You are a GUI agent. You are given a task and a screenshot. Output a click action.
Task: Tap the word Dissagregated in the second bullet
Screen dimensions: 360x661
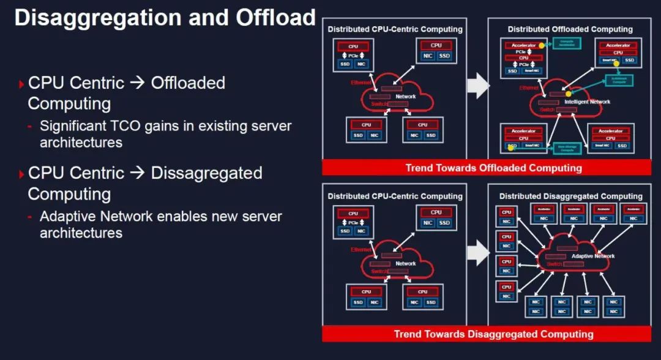tap(206, 173)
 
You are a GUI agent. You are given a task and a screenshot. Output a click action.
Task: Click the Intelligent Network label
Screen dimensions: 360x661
tap(587, 102)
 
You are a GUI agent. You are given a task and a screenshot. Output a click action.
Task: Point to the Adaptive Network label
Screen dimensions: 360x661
tap(593, 256)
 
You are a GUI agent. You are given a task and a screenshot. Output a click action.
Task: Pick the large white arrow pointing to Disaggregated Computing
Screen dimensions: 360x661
tap(477, 252)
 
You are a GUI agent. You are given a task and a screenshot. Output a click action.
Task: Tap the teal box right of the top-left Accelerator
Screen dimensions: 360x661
tap(566, 43)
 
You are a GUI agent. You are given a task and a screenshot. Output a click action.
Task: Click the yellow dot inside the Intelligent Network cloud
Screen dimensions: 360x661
tap(568, 94)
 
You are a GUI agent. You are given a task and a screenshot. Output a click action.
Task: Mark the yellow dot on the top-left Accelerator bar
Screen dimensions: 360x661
tap(541, 45)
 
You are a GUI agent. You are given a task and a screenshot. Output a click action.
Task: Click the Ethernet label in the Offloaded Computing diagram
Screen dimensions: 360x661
tap(529, 88)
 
